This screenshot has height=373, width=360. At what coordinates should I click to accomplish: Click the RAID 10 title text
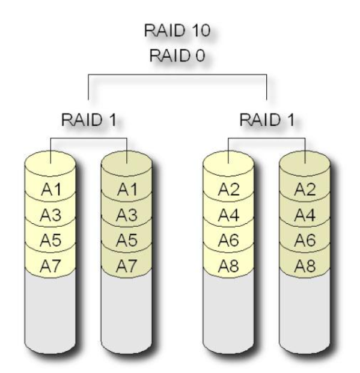pos(177,30)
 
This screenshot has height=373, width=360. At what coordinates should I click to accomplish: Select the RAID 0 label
pos(177,55)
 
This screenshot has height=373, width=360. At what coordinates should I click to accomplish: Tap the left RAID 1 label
pos(89,119)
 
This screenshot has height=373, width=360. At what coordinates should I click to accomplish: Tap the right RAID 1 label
pos(267,119)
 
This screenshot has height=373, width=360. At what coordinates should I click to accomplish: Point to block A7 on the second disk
pos(127,265)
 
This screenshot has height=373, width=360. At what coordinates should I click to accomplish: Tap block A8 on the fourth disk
pos(305,265)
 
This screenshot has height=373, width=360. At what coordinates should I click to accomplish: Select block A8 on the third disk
pos(228,265)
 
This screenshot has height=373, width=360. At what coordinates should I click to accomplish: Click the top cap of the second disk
pos(127,163)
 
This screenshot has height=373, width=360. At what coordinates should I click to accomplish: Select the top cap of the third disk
pos(228,163)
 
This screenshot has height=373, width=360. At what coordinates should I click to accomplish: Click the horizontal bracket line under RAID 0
pos(177,75)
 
